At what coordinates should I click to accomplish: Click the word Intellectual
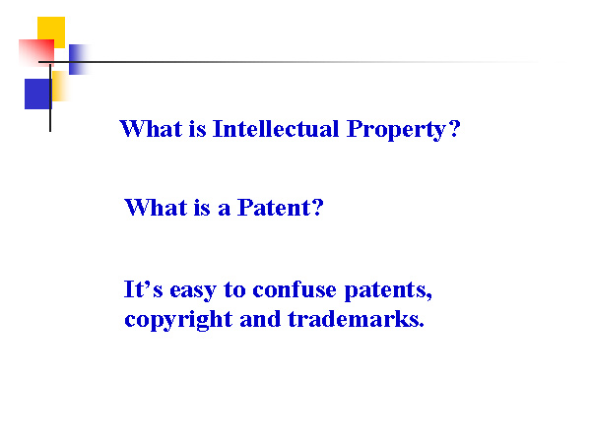click(276, 129)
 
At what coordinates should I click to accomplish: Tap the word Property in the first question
click(397, 130)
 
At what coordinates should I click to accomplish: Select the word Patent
click(274, 208)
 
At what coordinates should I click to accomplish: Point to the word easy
click(193, 290)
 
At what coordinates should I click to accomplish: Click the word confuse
click(295, 289)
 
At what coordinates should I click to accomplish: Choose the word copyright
click(178, 320)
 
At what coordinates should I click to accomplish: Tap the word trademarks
click(354, 319)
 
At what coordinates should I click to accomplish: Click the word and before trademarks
click(260, 319)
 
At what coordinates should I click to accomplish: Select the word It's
click(143, 289)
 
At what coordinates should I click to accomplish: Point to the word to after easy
click(234, 290)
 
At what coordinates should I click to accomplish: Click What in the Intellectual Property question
click(151, 129)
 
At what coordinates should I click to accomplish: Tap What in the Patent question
click(156, 208)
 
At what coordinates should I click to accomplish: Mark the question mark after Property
click(455, 129)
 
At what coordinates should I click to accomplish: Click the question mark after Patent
click(318, 208)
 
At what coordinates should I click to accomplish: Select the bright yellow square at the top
click(51, 32)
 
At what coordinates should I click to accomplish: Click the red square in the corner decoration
click(36, 53)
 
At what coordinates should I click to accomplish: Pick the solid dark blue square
click(37, 94)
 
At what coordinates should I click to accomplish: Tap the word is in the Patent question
click(202, 208)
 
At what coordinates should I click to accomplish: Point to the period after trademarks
click(422, 326)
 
